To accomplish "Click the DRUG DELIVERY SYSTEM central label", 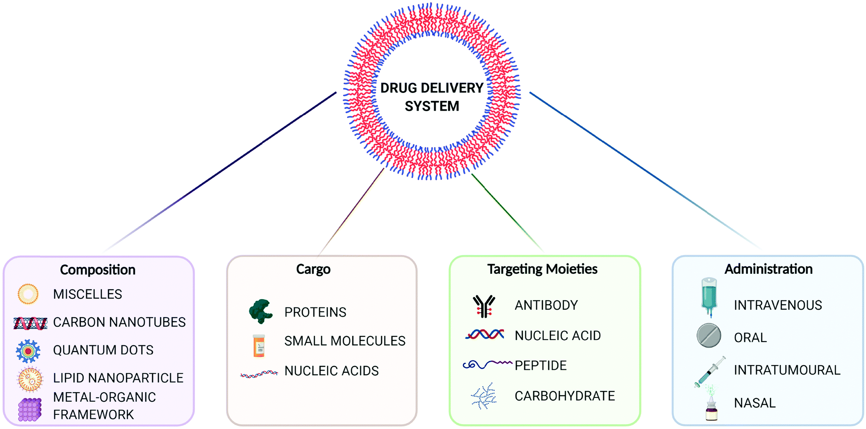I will point(432,97).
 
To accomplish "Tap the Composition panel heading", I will point(97,270).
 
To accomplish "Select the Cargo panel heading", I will point(313,269).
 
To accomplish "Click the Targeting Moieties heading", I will point(542,269).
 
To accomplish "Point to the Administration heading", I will point(768,269).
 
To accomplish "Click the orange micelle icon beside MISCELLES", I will point(28,294).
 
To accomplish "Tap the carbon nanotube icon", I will point(30,323).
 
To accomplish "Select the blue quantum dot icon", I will point(28,351).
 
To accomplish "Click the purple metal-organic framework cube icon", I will point(30,409).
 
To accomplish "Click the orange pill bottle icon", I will point(259,346).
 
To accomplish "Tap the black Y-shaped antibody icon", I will point(484,306).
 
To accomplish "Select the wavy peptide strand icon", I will point(487,365).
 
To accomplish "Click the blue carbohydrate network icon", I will point(484,396).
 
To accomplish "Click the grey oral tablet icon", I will point(709,336).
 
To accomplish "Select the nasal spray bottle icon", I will point(711,407).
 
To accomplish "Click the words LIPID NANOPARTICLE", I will point(118,378).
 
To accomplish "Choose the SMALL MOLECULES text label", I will point(345,341).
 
